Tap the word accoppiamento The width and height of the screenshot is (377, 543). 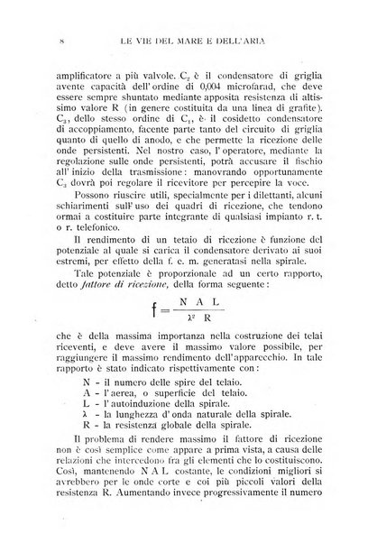89,148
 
